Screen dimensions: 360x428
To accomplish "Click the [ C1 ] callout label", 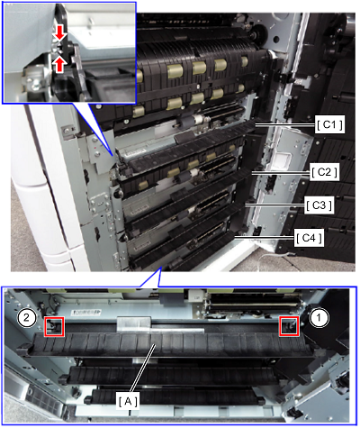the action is (x=329, y=124).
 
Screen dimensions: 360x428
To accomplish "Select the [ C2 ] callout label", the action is (x=324, y=172).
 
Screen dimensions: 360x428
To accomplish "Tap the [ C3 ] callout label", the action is (x=319, y=205).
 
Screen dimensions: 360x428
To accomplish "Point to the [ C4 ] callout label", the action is (x=309, y=238).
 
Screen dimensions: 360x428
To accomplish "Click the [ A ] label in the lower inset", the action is (x=128, y=401).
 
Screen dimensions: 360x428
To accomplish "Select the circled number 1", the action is (x=319, y=318).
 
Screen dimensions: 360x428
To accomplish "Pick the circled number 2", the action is (x=27, y=318).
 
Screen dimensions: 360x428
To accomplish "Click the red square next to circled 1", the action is (x=289, y=326).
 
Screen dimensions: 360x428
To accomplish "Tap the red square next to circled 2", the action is (x=54, y=326).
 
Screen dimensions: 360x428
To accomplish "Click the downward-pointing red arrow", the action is (x=60, y=33).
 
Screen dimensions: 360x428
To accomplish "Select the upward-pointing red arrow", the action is (x=60, y=65).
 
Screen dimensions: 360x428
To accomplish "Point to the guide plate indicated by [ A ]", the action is (x=169, y=344).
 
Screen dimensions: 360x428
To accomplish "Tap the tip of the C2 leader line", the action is (x=251, y=172).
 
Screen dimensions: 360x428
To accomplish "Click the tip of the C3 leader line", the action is (x=244, y=205).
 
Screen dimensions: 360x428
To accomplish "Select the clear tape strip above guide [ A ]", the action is (x=133, y=323).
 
